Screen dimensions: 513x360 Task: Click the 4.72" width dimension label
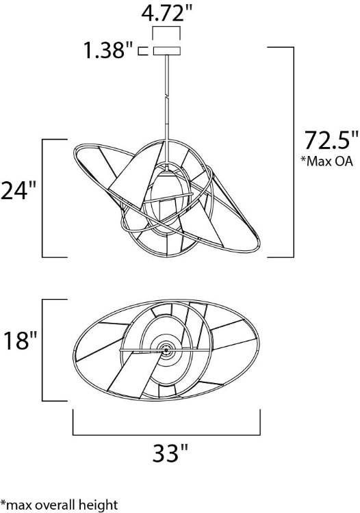tap(166, 12)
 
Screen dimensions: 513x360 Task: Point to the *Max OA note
tap(320, 163)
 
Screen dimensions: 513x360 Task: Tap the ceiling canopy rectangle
tap(166, 51)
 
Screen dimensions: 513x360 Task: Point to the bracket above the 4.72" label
tap(166, 31)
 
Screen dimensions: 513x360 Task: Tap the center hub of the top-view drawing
tap(166, 349)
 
